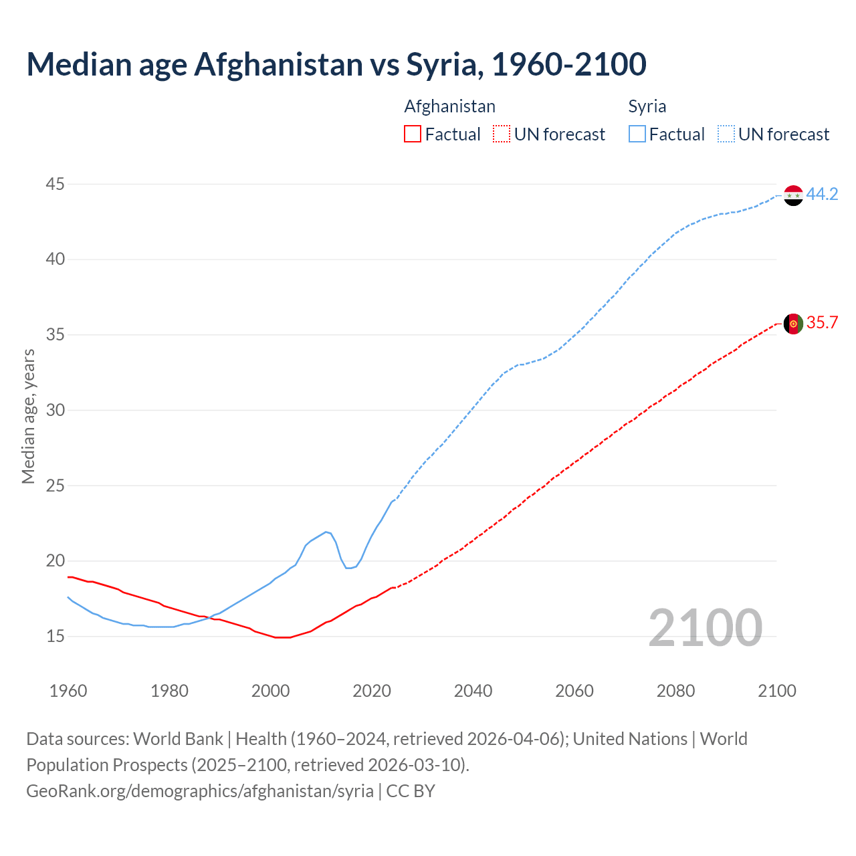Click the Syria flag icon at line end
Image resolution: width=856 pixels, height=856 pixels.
793,195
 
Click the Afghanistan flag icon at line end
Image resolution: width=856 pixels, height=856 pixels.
793,324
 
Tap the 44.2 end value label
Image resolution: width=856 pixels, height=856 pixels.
822,195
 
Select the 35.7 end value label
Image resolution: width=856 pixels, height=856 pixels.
822,323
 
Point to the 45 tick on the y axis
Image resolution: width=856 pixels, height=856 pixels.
56,184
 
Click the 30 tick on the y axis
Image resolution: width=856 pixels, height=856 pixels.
56,410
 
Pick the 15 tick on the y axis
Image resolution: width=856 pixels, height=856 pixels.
56,636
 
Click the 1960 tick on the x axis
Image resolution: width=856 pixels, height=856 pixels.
68,691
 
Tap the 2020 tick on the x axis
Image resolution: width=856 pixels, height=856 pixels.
372,691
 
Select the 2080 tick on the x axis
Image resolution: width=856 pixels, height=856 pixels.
675,691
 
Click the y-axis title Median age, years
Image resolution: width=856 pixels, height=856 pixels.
28,416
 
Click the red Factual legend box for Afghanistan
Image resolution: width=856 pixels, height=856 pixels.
413,134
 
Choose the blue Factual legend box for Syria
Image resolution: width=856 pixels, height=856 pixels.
637,134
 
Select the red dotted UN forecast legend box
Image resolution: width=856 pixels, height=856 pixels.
502,134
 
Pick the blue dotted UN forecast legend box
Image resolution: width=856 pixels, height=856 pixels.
726,134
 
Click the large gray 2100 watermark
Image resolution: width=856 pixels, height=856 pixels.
706,628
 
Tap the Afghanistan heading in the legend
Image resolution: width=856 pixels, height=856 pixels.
450,106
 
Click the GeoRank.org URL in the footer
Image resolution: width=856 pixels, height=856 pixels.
200,791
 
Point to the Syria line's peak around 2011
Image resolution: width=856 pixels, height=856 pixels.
326,532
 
